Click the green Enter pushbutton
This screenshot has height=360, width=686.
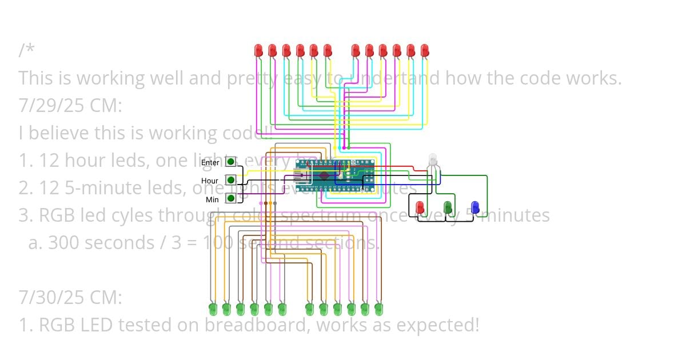pyautogui.click(x=230, y=162)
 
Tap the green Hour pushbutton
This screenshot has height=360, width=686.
pyautogui.click(x=230, y=180)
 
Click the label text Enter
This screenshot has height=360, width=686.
pyautogui.click(x=210, y=163)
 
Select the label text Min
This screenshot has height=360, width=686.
pyautogui.click(x=212, y=199)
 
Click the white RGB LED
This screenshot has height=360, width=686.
pyautogui.click(x=432, y=159)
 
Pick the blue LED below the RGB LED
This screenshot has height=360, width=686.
pyautogui.click(x=474, y=207)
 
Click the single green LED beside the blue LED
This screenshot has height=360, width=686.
pyautogui.click(x=448, y=207)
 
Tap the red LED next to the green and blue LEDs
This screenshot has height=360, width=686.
pyautogui.click(x=420, y=207)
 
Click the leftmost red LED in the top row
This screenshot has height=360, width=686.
pyautogui.click(x=258, y=50)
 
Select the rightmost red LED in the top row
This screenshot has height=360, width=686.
pyautogui.click(x=424, y=50)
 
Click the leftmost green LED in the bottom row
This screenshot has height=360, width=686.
pyautogui.click(x=213, y=309)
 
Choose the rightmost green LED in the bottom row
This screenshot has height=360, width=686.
pyautogui.click(x=378, y=309)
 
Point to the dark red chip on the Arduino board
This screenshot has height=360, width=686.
pyautogui.click(x=324, y=175)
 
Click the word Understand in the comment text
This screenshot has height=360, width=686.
pyautogui.click(x=390, y=78)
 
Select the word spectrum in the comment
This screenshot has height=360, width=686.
pyautogui.click(x=323, y=215)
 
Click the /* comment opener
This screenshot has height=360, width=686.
pyautogui.click(x=26, y=50)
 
